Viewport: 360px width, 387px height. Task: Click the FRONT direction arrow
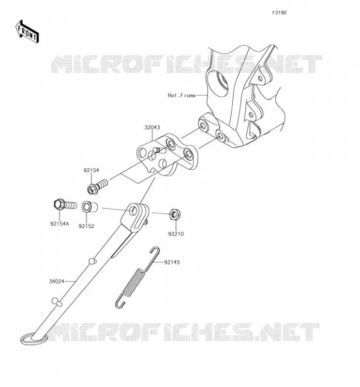click(x=27, y=31)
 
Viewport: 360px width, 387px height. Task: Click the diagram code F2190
click(x=279, y=13)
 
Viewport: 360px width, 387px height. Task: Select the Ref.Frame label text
click(x=182, y=95)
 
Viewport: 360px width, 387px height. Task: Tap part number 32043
click(x=152, y=127)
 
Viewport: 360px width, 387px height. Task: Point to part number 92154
click(x=91, y=170)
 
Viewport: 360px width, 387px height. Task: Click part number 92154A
click(x=60, y=224)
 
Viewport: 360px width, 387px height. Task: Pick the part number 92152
click(x=87, y=226)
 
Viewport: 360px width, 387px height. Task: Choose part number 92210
click(x=176, y=234)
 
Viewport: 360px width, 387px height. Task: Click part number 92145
click(x=172, y=262)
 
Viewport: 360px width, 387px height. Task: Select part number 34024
click(x=57, y=282)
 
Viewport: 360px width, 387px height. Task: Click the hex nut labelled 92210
click(x=175, y=214)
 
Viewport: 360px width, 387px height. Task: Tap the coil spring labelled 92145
click(x=137, y=277)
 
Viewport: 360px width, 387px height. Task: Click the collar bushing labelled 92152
click(x=90, y=207)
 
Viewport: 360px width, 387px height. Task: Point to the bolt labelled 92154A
click(x=65, y=205)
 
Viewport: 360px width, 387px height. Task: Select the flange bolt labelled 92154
click(x=98, y=186)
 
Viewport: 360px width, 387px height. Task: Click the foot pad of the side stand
click(x=33, y=339)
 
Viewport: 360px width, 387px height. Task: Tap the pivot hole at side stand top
click(x=133, y=211)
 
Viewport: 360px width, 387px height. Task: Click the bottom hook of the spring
click(x=119, y=302)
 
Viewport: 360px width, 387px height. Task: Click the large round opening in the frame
click(x=218, y=83)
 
